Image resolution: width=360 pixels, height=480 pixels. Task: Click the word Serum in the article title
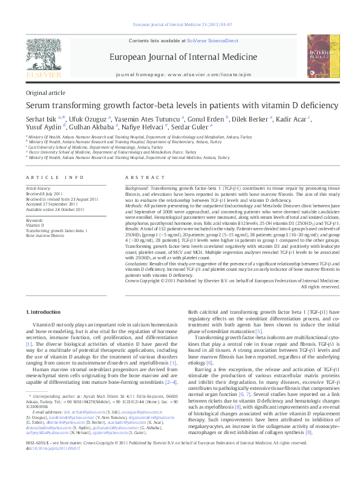38,105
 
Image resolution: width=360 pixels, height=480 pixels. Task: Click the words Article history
38,189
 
